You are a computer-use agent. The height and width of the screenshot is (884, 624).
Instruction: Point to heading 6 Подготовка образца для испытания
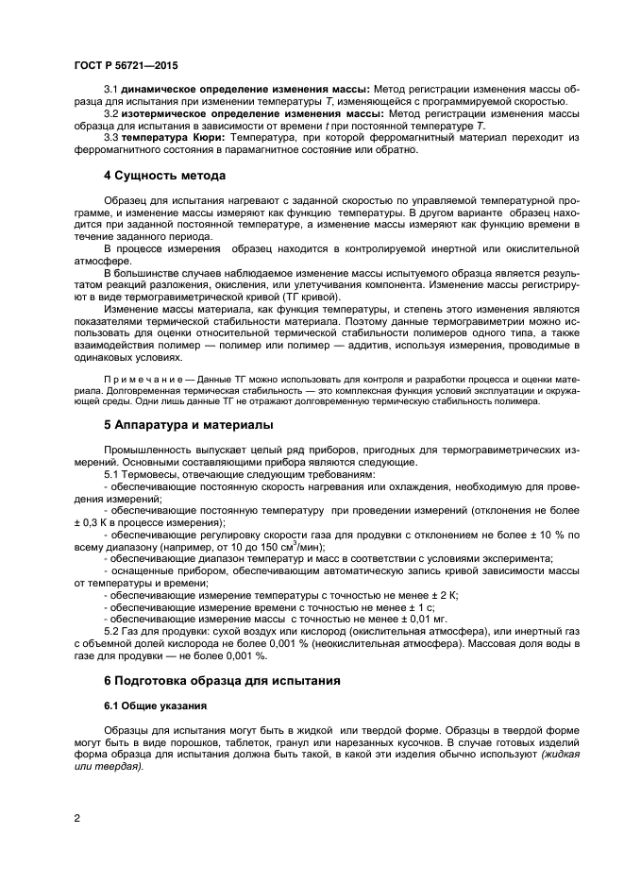coord(220,680)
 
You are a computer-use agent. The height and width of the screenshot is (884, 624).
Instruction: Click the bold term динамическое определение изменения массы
coord(241,89)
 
